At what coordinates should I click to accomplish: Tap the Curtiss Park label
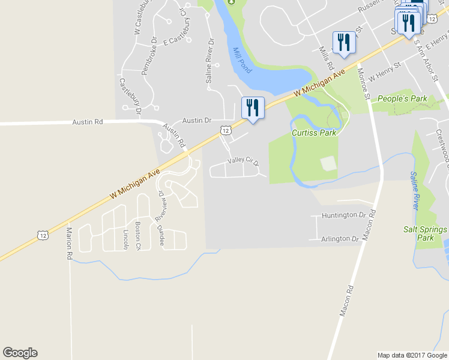pyautogui.click(x=314, y=133)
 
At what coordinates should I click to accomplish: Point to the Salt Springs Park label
pyautogui.click(x=425, y=233)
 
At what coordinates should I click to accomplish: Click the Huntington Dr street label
pyautogui.click(x=343, y=215)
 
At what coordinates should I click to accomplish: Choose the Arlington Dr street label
pyautogui.click(x=339, y=239)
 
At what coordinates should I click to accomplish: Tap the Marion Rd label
pyautogui.click(x=69, y=243)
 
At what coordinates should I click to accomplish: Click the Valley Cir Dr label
pyautogui.click(x=243, y=162)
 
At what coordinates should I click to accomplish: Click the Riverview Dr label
pyautogui.click(x=160, y=206)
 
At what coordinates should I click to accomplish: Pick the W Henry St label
pyautogui.click(x=385, y=71)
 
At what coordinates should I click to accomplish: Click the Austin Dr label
pyautogui.click(x=197, y=120)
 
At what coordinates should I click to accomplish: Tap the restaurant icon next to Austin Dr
pyautogui.click(x=252, y=108)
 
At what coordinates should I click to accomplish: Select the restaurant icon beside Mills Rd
pyautogui.click(x=343, y=42)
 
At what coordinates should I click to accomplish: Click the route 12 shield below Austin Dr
pyautogui.click(x=225, y=130)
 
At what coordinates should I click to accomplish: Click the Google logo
pyautogui.click(x=20, y=353)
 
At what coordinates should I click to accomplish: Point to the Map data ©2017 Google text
pyautogui.click(x=412, y=355)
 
